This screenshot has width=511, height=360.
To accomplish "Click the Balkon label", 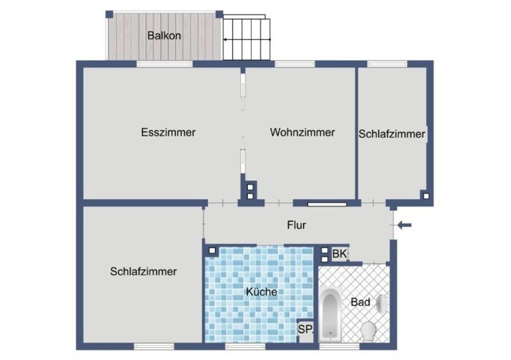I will [x=164, y=36].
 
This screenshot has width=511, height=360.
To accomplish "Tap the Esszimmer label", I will [x=168, y=132].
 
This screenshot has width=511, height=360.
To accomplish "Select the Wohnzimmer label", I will [x=303, y=132].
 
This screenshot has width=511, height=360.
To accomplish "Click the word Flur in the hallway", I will [x=296, y=224].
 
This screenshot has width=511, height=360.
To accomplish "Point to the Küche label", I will [x=262, y=292].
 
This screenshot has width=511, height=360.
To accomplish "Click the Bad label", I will [x=360, y=302].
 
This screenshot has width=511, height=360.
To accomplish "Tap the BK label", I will [x=339, y=254].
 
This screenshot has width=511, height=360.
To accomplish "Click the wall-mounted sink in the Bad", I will [x=382, y=304].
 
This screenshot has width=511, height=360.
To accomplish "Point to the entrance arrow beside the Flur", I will [x=404, y=224].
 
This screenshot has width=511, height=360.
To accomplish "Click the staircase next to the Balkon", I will [x=246, y=39].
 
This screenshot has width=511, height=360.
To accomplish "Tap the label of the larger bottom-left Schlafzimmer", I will [x=143, y=272].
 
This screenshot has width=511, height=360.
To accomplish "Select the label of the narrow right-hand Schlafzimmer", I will [x=392, y=134].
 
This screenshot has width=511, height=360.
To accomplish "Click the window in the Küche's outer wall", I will [x=245, y=346].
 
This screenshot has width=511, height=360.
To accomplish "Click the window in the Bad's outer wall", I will [x=332, y=346].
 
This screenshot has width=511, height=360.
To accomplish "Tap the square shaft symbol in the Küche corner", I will [x=212, y=251].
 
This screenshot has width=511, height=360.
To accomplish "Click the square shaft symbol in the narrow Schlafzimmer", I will [x=425, y=195].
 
